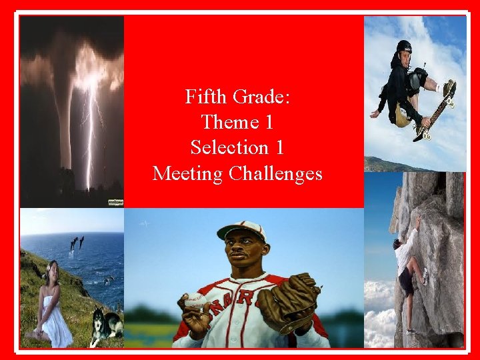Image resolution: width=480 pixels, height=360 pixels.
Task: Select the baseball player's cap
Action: pyautogui.click(x=241, y=229)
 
